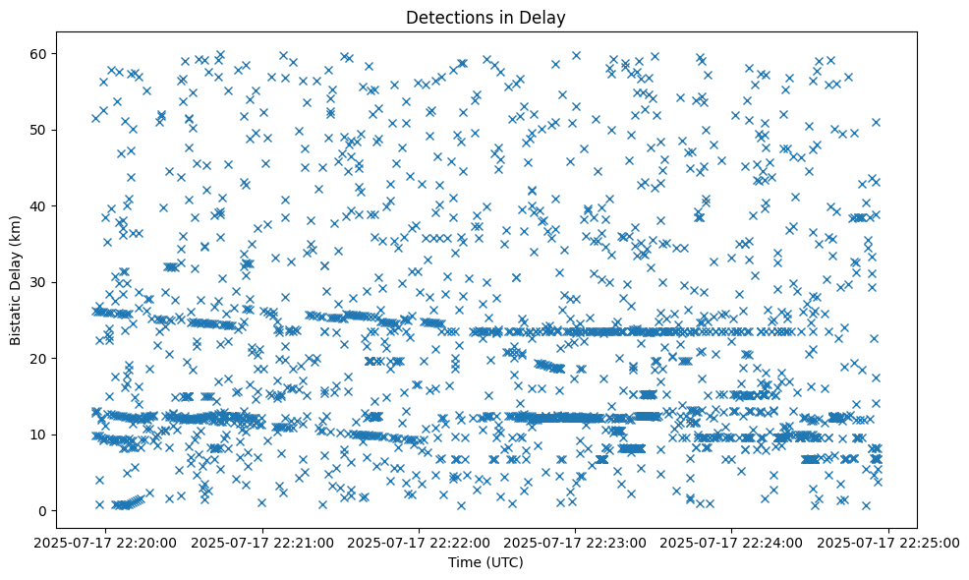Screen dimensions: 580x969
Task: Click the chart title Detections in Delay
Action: (485, 17)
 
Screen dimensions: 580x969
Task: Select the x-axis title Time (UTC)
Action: (485, 562)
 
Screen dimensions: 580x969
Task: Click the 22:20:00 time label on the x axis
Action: (107, 542)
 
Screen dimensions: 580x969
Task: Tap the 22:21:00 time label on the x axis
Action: (263, 542)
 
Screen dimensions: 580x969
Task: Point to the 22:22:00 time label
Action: (420, 542)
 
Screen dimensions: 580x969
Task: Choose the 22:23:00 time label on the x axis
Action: (576, 542)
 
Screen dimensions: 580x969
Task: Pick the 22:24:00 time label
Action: (732, 542)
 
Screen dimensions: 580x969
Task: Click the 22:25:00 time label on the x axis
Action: (888, 542)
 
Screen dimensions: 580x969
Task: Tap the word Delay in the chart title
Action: (545, 17)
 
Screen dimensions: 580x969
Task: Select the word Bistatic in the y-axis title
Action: (17, 316)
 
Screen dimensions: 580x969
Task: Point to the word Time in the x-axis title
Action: (463, 562)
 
